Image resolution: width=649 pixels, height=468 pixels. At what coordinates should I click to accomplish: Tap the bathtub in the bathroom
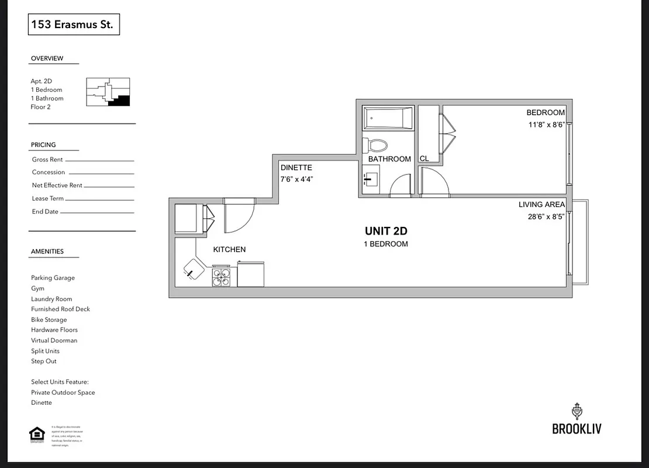pyautogui.click(x=388, y=119)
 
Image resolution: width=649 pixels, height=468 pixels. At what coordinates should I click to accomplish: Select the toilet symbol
pyautogui.click(x=375, y=145)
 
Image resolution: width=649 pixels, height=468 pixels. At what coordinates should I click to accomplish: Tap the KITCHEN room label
pyautogui.click(x=229, y=249)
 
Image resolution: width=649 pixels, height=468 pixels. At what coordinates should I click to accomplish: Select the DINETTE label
pyautogui.click(x=296, y=167)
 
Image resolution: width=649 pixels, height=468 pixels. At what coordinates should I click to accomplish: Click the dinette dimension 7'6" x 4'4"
pyautogui.click(x=297, y=180)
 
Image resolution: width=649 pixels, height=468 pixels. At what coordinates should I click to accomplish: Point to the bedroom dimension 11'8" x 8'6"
pyautogui.click(x=546, y=125)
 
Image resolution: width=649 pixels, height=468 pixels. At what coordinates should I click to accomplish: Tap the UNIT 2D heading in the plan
pyautogui.click(x=386, y=231)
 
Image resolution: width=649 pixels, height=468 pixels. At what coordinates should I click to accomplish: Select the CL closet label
pyautogui.click(x=424, y=159)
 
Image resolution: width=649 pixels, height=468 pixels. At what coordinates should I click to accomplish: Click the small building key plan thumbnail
pyautogui.click(x=108, y=92)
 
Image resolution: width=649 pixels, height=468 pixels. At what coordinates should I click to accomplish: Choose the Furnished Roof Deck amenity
pyautogui.click(x=60, y=309)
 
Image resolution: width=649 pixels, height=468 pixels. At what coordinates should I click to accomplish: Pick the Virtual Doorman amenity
pyautogui.click(x=54, y=340)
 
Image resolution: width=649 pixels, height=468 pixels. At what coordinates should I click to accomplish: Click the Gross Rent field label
pyautogui.click(x=47, y=160)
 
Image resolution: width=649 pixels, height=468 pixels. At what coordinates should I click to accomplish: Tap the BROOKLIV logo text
pyautogui.click(x=576, y=429)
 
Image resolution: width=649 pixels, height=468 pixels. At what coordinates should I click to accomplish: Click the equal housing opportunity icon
pyautogui.click(x=37, y=435)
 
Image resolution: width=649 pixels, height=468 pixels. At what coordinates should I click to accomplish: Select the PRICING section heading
pyautogui.click(x=43, y=144)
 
